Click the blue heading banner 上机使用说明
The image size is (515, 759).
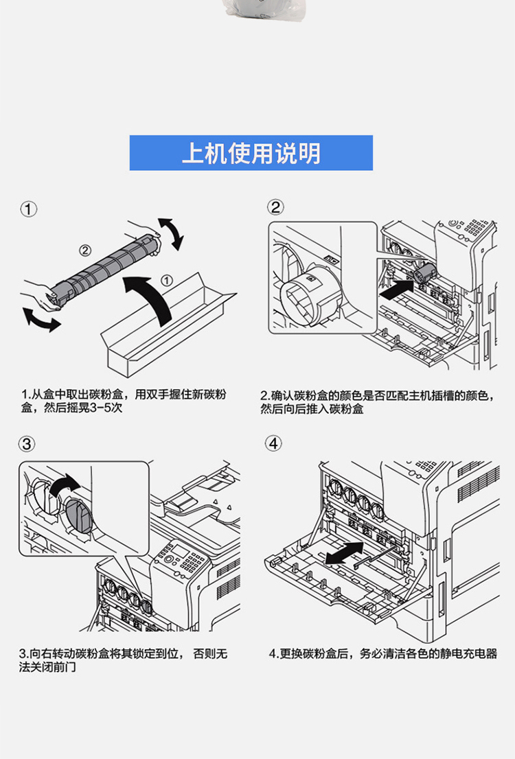click(x=251, y=153)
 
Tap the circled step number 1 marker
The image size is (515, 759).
click(x=29, y=209)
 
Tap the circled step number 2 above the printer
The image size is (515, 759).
click(x=275, y=207)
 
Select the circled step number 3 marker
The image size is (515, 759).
click(x=27, y=444)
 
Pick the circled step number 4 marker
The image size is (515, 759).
click(x=274, y=443)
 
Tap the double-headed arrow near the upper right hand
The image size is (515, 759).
click(x=172, y=234)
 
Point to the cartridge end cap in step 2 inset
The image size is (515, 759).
click(x=306, y=296)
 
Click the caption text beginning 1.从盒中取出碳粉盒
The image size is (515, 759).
click(x=124, y=401)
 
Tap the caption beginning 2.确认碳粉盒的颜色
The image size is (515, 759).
click(x=377, y=401)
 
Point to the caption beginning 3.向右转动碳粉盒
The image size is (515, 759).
click(x=124, y=659)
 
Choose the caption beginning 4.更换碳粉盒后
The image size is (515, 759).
click(x=382, y=653)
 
